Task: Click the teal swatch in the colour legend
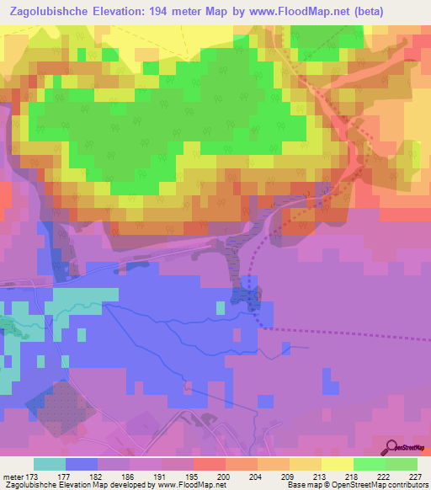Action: click(50, 464)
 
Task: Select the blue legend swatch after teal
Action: click(82, 464)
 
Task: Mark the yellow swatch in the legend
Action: click(338, 464)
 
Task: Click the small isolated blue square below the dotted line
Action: click(286, 347)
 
